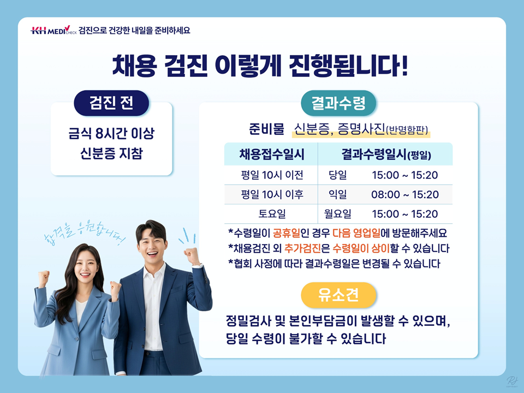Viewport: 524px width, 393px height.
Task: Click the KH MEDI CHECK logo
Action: coord(53,30)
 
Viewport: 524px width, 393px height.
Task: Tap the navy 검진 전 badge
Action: coord(111,103)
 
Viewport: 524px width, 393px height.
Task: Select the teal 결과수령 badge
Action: coord(338,103)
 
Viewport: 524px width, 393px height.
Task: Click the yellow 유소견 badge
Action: coord(338,295)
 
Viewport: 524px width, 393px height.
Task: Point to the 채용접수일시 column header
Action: coord(272,154)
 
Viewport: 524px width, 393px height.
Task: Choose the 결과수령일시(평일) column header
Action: coord(386,154)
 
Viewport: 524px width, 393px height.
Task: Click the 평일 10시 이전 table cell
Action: coord(272,175)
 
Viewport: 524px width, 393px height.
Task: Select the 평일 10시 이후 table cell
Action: coord(272,194)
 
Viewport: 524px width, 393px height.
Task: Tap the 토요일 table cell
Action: coord(272,213)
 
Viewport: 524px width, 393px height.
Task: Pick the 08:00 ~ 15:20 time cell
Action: coord(404,194)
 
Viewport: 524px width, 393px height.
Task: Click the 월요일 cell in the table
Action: coord(337,213)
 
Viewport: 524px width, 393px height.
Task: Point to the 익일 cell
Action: coord(337,194)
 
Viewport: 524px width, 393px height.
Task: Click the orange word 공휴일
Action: coord(287,233)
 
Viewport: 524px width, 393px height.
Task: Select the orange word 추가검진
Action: coord(302,248)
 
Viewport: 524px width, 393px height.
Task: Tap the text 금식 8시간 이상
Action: coord(111,133)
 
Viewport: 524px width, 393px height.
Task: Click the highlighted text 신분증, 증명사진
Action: coord(339,129)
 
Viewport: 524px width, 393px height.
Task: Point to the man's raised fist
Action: coord(192,255)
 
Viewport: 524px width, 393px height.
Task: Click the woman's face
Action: coord(86,266)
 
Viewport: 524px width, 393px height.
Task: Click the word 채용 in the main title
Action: coord(134,65)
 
